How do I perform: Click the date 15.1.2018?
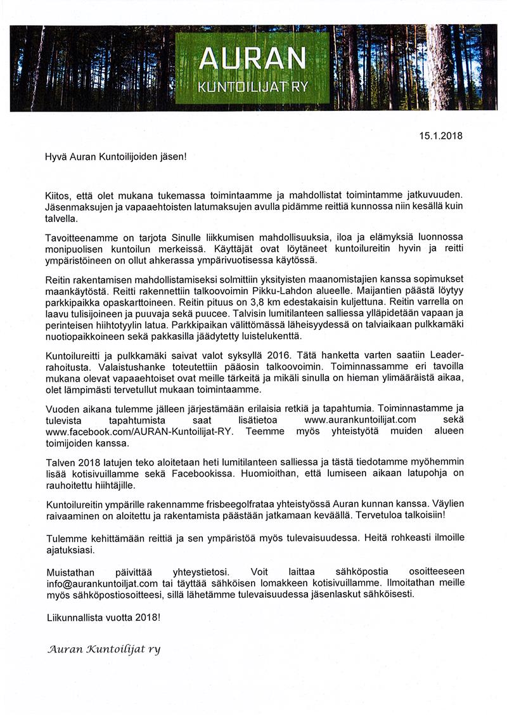pyautogui.click(x=441, y=135)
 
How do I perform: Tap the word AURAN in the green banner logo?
pyautogui.click(x=252, y=61)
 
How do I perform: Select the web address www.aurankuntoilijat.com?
pyautogui.click(x=360, y=419)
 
